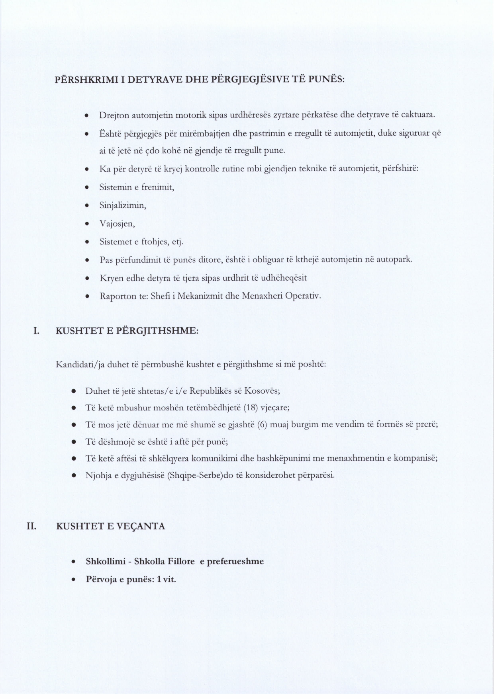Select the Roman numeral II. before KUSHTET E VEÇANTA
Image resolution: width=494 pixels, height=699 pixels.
31,526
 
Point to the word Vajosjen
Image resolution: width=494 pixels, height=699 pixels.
117,224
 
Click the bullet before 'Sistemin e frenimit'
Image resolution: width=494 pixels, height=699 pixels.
86,187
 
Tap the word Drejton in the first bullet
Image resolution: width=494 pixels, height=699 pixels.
113,115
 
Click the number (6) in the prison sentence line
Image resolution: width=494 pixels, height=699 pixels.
262,425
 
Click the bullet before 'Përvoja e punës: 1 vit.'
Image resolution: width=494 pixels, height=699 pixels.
73,580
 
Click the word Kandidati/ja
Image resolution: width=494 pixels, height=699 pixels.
80,365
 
